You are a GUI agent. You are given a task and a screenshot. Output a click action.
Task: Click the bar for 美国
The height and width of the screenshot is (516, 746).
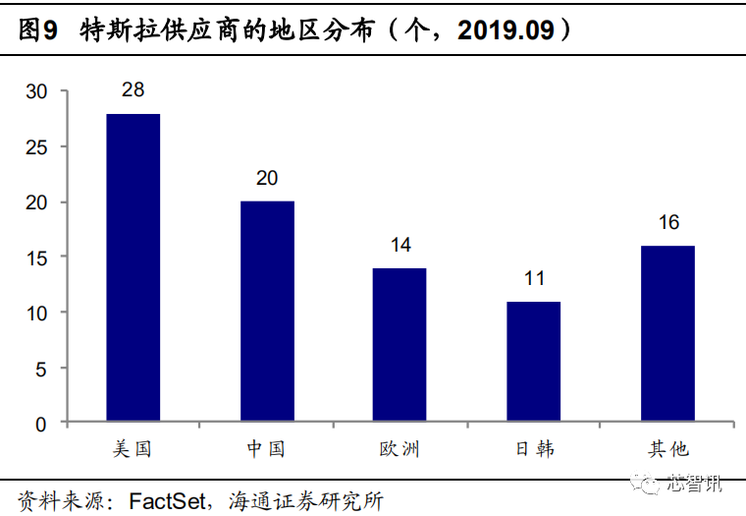click(x=133, y=267)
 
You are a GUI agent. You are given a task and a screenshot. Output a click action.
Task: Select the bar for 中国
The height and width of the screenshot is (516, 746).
click(x=267, y=312)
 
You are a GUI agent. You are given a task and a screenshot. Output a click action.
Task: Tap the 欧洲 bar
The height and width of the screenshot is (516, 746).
click(x=400, y=344)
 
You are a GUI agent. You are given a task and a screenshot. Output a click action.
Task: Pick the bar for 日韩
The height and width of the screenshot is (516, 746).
click(x=534, y=361)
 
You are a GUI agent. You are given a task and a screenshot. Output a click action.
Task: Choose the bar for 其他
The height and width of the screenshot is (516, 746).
click(x=668, y=333)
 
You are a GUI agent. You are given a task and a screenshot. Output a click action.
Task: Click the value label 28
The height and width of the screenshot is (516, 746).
click(x=133, y=89)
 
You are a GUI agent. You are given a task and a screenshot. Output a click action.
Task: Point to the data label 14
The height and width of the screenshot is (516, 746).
click(x=400, y=245)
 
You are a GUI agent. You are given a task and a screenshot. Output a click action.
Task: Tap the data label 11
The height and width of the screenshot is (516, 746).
click(x=534, y=278)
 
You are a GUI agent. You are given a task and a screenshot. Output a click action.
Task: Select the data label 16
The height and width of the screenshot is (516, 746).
click(x=668, y=222)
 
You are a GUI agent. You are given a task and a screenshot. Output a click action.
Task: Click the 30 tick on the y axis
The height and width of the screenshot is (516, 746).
click(x=36, y=91)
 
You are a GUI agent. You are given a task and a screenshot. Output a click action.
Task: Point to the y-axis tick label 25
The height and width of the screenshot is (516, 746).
click(x=36, y=147)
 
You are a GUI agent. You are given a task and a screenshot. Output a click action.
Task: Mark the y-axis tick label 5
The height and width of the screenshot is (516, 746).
click(x=41, y=370)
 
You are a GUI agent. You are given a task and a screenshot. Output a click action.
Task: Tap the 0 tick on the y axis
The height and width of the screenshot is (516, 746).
click(x=41, y=425)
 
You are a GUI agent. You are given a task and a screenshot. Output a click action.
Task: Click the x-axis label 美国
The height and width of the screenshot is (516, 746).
click(x=133, y=449)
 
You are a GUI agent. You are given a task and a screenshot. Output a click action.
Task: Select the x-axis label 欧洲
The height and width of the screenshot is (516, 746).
click(x=400, y=449)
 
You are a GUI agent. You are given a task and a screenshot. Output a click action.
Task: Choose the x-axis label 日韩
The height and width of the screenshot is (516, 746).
click(x=535, y=449)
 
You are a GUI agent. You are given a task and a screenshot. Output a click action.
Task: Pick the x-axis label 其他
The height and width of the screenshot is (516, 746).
click(x=668, y=449)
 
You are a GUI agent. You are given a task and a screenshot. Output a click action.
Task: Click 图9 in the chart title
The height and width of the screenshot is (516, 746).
click(x=38, y=30)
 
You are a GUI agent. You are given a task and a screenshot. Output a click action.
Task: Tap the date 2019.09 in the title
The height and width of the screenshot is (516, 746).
click(x=506, y=30)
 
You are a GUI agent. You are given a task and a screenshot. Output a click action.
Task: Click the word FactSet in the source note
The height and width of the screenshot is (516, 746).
click(x=168, y=501)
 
